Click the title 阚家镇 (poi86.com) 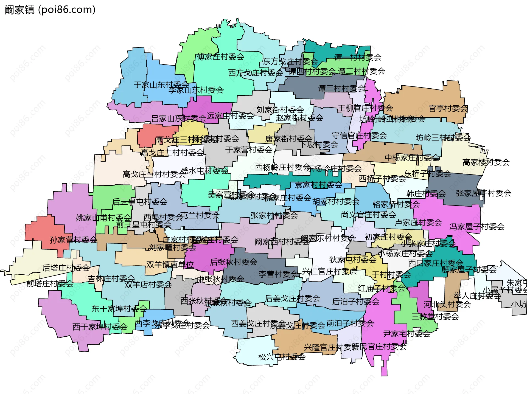[50, 10]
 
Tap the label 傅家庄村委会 [220, 57]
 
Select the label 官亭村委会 [448, 109]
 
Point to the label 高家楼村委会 [486, 162]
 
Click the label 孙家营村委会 [73, 240]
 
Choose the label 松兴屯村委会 [282, 357]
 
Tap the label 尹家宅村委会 [407, 334]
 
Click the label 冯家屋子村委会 [477, 227]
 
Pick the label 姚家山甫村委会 [104, 218]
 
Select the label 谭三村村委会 [341, 88]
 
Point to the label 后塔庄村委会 [66, 268]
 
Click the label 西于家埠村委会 [100, 327]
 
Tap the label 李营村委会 [278, 274]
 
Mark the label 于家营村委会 [249, 150]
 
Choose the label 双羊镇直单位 [170, 264]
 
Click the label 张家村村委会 [274, 215]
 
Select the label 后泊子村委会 [356, 302]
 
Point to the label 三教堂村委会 [435, 317]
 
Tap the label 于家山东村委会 [161, 85]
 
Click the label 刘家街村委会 [280, 110]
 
